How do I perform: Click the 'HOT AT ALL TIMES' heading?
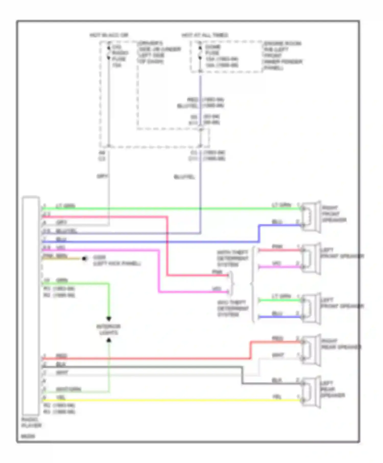click(x=205, y=35)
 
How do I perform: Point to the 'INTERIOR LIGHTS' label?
click(x=109, y=330)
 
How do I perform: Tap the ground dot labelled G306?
click(x=84, y=259)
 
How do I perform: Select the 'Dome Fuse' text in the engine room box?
click(x=213, y=50)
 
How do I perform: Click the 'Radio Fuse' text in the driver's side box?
click(x=119, y=56)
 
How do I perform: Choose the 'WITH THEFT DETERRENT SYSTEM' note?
click(x=232, y=258)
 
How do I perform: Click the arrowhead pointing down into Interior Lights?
click(x=109, y=318)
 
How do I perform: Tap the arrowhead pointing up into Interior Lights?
click(x=109, y=340)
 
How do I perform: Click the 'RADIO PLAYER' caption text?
click(x=31, y=422)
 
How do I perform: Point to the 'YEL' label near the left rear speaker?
click(x=277, y=397)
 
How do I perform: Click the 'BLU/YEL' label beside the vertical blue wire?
click(x=184, y=177)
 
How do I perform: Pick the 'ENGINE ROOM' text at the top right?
click(x=282, y=43)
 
